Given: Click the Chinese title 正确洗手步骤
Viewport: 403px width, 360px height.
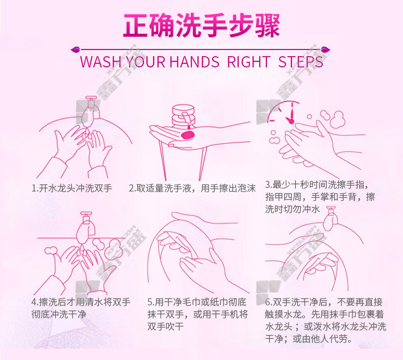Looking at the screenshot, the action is pyautogui.click(x=202, y=25).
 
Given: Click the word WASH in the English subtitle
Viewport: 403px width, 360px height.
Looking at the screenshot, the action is pyautogui.click(x=101, y=62).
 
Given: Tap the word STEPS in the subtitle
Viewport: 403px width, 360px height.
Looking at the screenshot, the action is pyautogui.click(x=300, y=62).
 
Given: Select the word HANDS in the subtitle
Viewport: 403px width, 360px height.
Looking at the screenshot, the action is pyautogui.click(x=194, y=62).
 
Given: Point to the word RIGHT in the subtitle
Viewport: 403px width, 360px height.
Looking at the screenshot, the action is pyautogui.click(x=248, y=62).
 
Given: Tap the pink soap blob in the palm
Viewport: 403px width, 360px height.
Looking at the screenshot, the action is pyautogui.click(x=188, y=135).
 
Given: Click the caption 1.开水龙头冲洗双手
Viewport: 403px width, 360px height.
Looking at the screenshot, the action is pyautogui.click(x=72, y=188).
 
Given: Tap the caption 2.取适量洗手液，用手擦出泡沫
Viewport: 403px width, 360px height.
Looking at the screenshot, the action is pyautogui.click(x=192, y=188).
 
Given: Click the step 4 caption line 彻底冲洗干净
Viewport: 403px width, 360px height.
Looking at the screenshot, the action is pyautogui.click(x=59, y=314).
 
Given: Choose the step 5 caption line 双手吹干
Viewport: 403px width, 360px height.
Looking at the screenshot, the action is pyautogui.click(x=165, y=326).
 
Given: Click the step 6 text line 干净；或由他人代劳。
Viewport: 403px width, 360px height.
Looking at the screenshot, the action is pyautogui.click(x=309, y=339).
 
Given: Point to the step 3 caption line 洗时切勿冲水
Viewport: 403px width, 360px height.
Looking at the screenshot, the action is pyautogui.click(x=292, y=209).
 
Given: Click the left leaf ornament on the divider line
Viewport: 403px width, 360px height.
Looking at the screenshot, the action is pyautogui.click(x=75, y=49).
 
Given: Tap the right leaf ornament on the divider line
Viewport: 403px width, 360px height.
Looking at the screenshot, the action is pyautogui.click(x=325, y=49).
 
